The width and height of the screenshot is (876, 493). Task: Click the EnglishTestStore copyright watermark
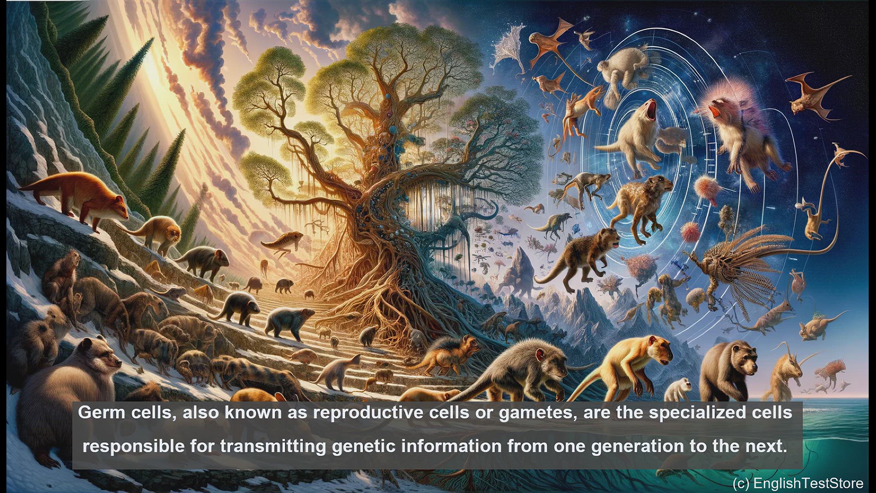click(798, 483)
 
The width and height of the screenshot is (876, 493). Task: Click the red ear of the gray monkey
click(541, 354)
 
